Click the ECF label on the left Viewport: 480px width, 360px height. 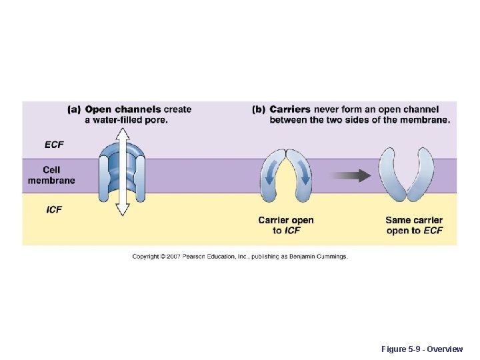pyautogui.click(x=54, y=145)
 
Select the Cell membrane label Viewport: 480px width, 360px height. pyautogui.click(x=51, y=175)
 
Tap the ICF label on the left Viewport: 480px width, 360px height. pyautogui.click(x=54, y=209)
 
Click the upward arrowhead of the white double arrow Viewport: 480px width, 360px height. pyautogui.click(x=122, y=133)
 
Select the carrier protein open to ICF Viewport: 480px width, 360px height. pyautogui.click(x=286, y=175)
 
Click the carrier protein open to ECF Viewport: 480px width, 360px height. pyautogui.click(x=407, y=175)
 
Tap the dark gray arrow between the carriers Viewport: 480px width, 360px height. pyautogui.click(x=351, y=176)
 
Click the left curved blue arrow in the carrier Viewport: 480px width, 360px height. pyautogui.click(x=269, y=175)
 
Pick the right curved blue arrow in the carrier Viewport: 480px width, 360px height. pyautogui.click(x=303, y=175)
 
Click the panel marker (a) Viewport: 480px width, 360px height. pyautogui.click(x=75, y=109)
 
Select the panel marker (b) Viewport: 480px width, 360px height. pyautogui.click(x=259, y=109)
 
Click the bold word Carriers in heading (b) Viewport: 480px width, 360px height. pyautogui.click(x=290, y=109)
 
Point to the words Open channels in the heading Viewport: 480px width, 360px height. pyautogui.click(x=123, y=109)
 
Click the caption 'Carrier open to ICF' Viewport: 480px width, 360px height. pyautogui.click(x=286, y=225)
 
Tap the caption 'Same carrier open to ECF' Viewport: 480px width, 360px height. pyautogui.click(x=414, y=225)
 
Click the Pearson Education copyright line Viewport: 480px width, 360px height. pyautogui.click(x=240, y=256)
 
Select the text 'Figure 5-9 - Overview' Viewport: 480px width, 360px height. pyautogui.click(x=421, y=349)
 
